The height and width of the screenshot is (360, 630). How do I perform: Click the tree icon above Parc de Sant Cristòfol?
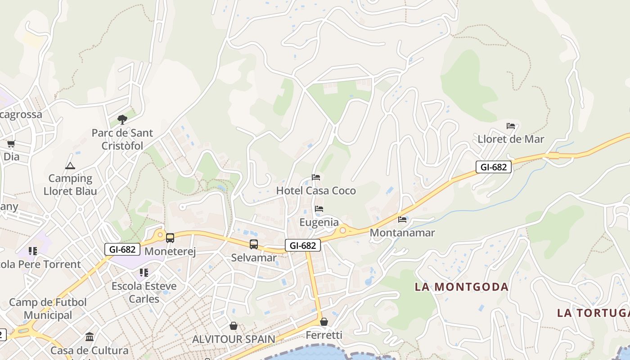point(122,120)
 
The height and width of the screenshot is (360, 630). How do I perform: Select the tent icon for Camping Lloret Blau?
point(70,166)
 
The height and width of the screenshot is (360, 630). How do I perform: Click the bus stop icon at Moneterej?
point(170,238)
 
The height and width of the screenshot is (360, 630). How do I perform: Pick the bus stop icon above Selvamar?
point(254,244)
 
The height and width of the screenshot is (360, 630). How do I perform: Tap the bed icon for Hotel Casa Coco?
point(316,177)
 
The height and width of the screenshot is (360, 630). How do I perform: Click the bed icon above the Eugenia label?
point(319,209)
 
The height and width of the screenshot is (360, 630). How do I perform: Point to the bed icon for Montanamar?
point(402,220)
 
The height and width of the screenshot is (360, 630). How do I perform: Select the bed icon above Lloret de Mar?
point(511,126)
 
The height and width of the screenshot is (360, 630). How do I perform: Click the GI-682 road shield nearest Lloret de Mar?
point(493,167)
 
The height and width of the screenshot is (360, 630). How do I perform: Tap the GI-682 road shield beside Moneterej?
point(122,249)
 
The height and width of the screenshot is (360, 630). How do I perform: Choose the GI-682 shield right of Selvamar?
point(302,245)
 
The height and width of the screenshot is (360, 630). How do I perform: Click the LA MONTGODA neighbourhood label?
point(461,287)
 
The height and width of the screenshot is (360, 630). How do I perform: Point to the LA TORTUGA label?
point(593,313)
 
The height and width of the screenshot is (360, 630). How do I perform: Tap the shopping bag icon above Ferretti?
point(324,322)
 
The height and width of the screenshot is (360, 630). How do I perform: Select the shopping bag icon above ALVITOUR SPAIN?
point(234,326)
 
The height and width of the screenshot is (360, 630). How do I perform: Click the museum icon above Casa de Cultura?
point(90,337)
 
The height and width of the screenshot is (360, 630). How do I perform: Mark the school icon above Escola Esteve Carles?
point(144,273)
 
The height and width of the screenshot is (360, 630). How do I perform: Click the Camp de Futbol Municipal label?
point(48,309)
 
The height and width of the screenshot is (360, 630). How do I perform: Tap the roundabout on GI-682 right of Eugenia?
point(343,230)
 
